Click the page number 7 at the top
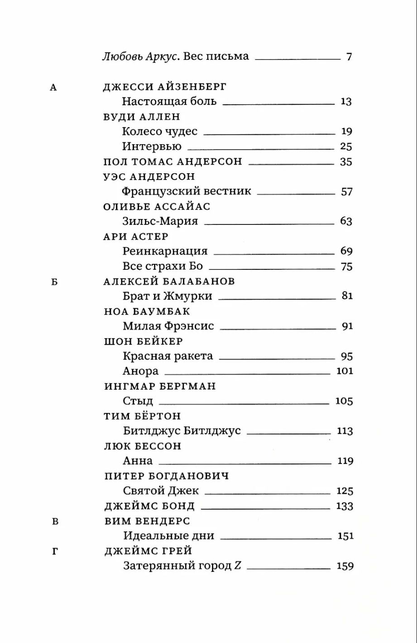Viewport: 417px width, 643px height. coord(349,57)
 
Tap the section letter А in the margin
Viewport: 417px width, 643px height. coord(53,88)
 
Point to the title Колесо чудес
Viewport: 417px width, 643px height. coord(160,132)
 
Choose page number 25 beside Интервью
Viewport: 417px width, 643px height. coord(346,146)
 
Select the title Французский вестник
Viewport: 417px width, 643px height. coord(187,191)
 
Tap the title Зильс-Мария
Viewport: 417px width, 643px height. coord(160,221)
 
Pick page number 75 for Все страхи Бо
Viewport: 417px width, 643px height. coord(346,267)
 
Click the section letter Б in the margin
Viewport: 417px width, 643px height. coord(54,282)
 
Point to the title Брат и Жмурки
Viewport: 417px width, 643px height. coord(168,296)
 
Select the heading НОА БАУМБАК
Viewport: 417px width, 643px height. coord(147,312)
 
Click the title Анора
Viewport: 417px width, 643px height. coord(141,371)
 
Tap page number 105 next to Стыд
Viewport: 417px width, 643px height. coord(344,401)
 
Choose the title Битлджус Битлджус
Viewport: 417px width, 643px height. coord(182,431)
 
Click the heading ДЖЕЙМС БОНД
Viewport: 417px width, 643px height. coord(149,506)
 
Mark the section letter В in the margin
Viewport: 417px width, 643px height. coord(55,521)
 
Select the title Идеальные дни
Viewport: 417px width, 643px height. coord(169,536)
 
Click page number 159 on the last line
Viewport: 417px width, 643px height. coord(345,566)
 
